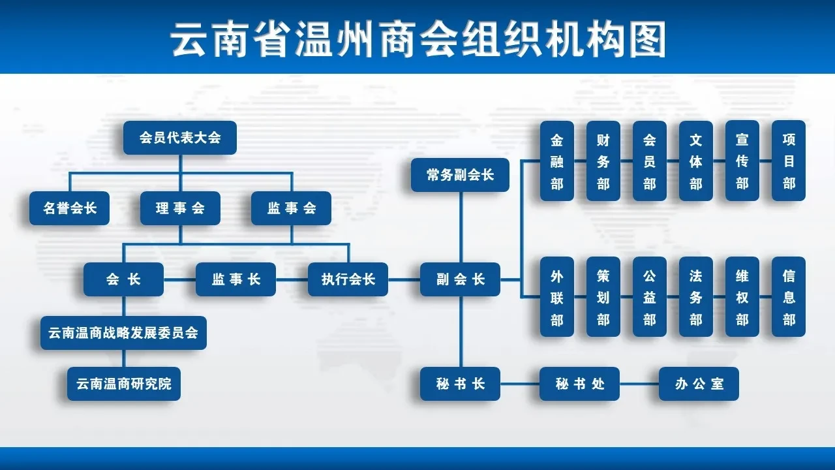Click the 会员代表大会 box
(180, 138)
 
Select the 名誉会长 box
(69, 208)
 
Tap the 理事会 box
(180, 208)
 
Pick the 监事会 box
(291, 208)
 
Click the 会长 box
(123, 279)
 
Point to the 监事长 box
(235, 279)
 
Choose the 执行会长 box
(348, 279)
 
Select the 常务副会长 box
(460, 175)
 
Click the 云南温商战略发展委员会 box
(123, 333)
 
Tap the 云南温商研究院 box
(124, 384)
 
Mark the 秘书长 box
(460, 384)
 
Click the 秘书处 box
(579, 384)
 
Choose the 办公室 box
(699, 384)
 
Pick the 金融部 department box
(557, 161)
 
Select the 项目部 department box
(789, 161)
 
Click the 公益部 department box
(649, 297)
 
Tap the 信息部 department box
(789, 297)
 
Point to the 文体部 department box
(695, 161)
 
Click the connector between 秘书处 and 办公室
(639, 384)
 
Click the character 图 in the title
(648, 39)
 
